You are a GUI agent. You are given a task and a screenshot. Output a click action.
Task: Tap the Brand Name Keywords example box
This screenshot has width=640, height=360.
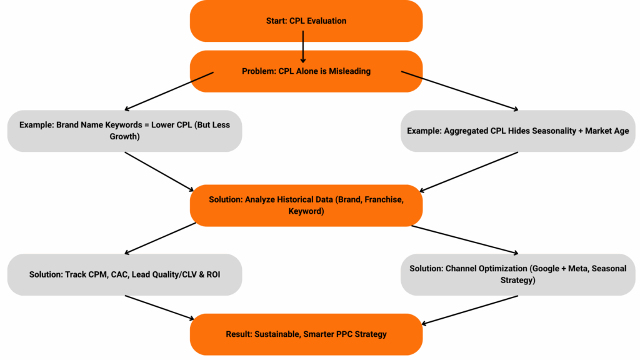tap(124, 130)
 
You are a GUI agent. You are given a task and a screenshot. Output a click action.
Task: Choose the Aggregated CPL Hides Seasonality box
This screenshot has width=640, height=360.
tap(517, 131)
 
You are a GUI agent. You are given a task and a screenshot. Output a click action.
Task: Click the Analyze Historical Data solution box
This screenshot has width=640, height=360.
tap(306, 205)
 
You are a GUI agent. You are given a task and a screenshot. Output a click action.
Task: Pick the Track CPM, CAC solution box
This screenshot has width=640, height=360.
tap(124, 274)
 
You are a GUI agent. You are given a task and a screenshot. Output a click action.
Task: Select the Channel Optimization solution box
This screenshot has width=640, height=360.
tap(517, 274)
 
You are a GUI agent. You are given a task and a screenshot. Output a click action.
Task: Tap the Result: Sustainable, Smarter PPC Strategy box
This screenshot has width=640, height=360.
tap(306, 334)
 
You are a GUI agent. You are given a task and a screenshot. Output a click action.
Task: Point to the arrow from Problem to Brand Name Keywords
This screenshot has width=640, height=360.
tap(169, 91)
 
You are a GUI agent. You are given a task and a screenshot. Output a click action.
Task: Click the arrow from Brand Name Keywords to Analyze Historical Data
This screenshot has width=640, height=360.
tap(159, 171)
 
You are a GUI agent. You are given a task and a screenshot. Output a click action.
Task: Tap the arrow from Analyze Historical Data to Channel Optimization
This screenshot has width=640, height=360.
tap(466, 239)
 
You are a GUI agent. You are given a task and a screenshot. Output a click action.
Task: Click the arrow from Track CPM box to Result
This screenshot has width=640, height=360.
tap(159, 307)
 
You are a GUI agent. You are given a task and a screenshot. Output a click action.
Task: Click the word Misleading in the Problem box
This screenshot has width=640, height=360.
tap(349, 71)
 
